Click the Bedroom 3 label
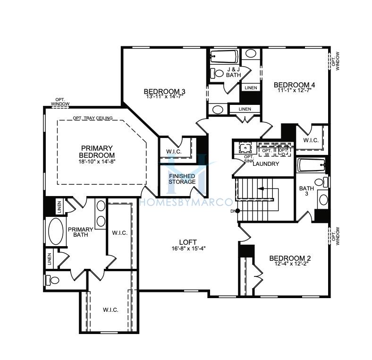164,92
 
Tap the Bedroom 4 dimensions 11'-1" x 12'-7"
294,90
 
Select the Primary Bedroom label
97,152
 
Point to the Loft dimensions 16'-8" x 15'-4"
188,249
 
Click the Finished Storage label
182,179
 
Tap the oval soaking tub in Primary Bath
56,231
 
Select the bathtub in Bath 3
311,165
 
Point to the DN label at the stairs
232,211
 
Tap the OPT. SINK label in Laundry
249,159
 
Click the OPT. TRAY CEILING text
93,118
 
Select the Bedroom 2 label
290,258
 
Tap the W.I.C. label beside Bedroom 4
311,140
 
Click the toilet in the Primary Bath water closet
52,280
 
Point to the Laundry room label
266,163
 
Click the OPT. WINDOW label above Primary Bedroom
60,102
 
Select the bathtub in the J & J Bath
224,57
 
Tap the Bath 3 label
306,191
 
